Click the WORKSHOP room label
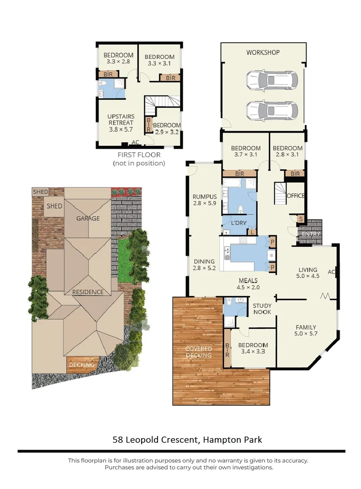tap(263, 53)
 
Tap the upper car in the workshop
tap(272, 81)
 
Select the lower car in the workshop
tap(272, 110)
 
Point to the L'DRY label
tap(238, 224)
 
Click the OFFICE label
tap(295, 196)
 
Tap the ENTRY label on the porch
tap(312, 234)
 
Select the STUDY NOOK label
tap(262, 309)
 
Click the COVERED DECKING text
tap(199, 352)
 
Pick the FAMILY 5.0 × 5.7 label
tap(306, 331)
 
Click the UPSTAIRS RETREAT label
tap(120, 123)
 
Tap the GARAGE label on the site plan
tap(88, 218)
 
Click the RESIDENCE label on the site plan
tap(88, 292)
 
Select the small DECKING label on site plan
tap(82, 365)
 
